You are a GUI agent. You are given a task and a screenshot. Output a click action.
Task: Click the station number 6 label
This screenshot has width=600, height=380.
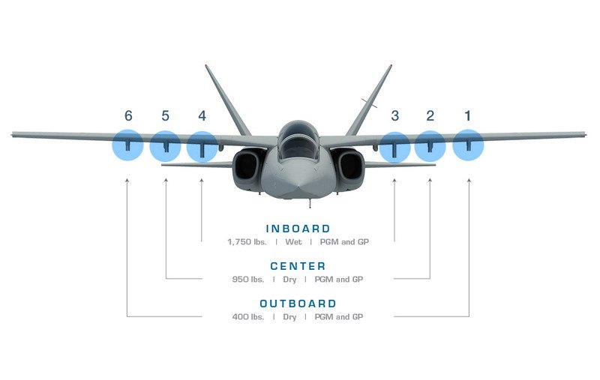pyautogui.click(x=128, y=115)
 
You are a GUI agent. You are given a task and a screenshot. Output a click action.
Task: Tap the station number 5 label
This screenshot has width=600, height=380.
pyautogui.click(x=165, y=115)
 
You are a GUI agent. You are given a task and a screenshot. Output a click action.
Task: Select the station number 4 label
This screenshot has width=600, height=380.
pyautogui.click(x=202, y=115)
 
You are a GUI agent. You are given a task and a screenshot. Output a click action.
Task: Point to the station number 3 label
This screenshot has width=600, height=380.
pyautogui.click(x=395, y=115)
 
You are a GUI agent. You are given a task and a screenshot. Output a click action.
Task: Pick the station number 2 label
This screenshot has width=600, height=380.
pyautogui.click(x=430, y=115)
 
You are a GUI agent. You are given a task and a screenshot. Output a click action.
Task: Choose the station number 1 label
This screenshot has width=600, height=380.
pyautogui.click(x=467, y=115)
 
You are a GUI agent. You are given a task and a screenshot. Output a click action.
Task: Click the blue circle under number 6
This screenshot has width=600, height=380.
pyautogui.click(x=127, y=145)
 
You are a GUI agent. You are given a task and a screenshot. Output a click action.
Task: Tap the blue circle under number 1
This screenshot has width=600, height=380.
pyautogui.click(x=468, y=145)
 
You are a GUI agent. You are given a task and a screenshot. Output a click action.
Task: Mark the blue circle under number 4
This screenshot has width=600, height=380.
pyautogui.click(x=202, y=147)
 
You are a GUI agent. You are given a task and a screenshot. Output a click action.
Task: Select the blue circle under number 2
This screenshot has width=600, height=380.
pyautogui.click(x=430, y=146)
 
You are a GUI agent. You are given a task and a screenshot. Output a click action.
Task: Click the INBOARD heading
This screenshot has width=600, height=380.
pyautogui.click(x=298, y=229)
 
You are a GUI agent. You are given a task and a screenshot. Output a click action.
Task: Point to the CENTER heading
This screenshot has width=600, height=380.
pyautogui.click(x=298, y=266)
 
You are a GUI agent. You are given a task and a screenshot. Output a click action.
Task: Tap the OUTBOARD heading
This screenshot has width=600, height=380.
pyautogui.click(x=298, y=304)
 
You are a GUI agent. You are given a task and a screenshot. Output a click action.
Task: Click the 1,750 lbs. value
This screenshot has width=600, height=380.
pyautogui.click(x=247, y=241)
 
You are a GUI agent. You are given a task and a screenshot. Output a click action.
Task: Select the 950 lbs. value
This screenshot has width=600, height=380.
pyautogui.click(x=248, y=279)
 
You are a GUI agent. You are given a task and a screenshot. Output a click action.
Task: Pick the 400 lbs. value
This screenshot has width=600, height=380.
pyautogui.click(x=248, y=316)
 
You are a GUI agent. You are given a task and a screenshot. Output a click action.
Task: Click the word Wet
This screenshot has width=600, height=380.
pyautogui.click(x=293, y=241)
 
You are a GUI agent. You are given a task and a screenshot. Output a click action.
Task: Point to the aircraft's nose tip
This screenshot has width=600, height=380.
pyautogui.click(x=298, y=187)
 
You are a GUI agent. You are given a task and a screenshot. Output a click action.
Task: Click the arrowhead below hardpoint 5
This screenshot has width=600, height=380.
pyautogui.click(x=166, y=180)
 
